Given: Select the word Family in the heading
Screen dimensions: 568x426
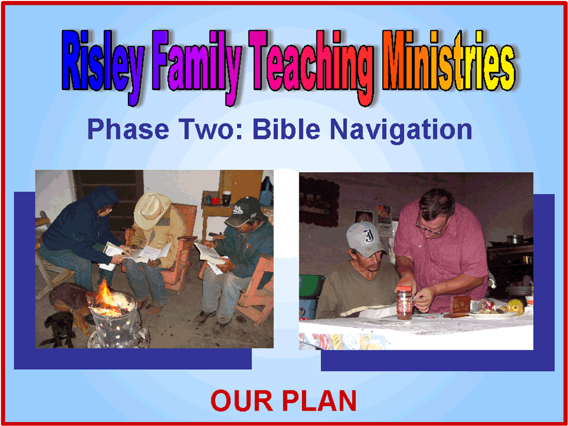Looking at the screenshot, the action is coord(197,68).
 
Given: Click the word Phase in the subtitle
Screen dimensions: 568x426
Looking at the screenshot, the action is coord(128,129).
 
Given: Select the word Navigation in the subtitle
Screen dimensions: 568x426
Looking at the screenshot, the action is coord(401,131).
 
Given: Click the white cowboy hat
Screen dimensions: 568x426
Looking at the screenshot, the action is coord(151,210).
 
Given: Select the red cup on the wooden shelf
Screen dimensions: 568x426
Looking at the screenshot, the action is coord(215,201).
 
